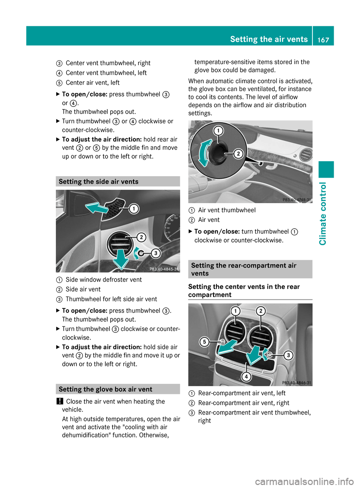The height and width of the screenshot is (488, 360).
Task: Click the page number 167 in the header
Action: tap(323, 40)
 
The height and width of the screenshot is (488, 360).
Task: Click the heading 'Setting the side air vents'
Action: tap(99, 182)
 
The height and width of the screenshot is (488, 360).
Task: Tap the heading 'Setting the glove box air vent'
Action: tap(105, 389)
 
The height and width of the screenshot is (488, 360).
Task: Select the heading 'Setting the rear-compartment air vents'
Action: tap(244, 269)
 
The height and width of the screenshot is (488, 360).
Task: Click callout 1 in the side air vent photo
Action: tap(133, 209)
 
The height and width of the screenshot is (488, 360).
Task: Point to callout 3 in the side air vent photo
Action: tap(156, 253)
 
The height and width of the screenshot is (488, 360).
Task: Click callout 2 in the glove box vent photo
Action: tap(238, 154)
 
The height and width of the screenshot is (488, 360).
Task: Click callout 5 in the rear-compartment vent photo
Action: tap(204, 342)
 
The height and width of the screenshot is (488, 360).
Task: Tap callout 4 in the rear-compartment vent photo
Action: tap(246, 376)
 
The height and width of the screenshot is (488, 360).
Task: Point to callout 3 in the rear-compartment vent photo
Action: tap(288, 355)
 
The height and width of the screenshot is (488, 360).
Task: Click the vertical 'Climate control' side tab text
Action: tap(323, 213)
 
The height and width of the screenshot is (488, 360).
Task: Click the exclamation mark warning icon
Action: tap(59, 401)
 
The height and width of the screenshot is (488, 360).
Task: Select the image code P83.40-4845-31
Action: tap(164, 269)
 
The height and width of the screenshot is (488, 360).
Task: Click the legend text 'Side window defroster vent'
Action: tap(104, 280)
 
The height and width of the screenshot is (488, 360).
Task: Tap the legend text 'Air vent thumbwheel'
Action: tap(227, 210)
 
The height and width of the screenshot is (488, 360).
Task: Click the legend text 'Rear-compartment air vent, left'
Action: tap(242, 393)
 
